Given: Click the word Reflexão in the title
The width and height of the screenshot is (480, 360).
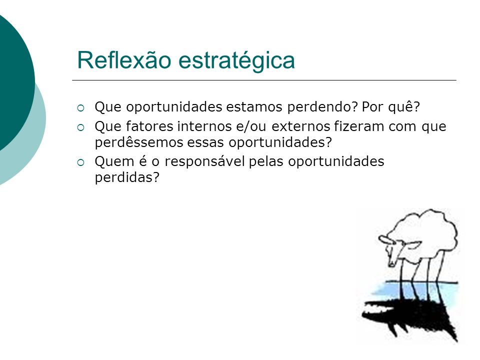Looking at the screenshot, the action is click(124, 59).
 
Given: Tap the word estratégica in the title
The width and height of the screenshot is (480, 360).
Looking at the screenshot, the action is click(236, 61).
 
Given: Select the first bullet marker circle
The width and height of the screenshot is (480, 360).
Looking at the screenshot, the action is click(81, 108).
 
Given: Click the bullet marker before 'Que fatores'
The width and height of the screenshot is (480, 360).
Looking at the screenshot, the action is click(81, 127).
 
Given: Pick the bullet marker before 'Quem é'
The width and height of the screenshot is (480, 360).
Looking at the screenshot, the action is click(81, 162).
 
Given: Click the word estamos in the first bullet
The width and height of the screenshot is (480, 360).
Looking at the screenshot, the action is click(254, 107).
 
